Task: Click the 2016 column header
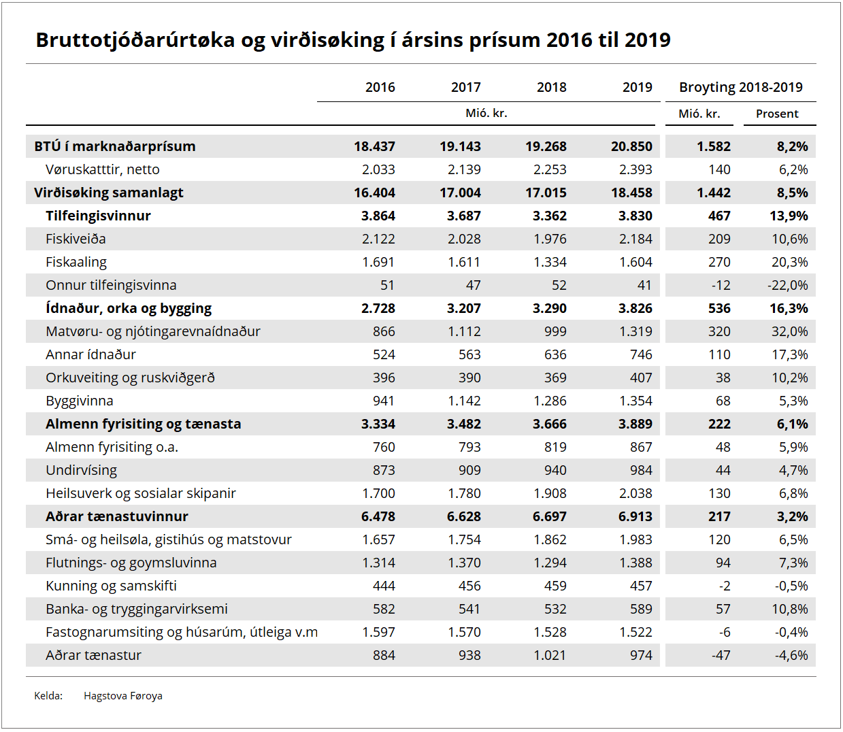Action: [x=380, y=87]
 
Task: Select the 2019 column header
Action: [x=637, y=87]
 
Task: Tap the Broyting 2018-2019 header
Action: [x=740, y=87]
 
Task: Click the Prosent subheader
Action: [x=777, y=114]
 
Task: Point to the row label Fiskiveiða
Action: [x=76, y=239]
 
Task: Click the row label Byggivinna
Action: [x=80, y=401]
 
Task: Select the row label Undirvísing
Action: [x=81, y=470]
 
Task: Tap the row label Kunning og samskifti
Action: [x=111, y=586]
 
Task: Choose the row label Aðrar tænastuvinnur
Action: [x=117, y=516]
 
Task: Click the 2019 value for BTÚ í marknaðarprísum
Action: [x=631, y=146]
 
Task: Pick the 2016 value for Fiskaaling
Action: [x=378, y=262]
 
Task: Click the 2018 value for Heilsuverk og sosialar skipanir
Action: [x=550, y=493]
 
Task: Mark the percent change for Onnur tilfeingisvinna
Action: [x=788, y=285]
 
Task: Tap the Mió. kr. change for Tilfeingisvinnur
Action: [x=719, y=216]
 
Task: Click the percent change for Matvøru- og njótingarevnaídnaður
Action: [x=789, y=331]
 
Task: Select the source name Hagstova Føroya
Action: [x=123, y=696]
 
